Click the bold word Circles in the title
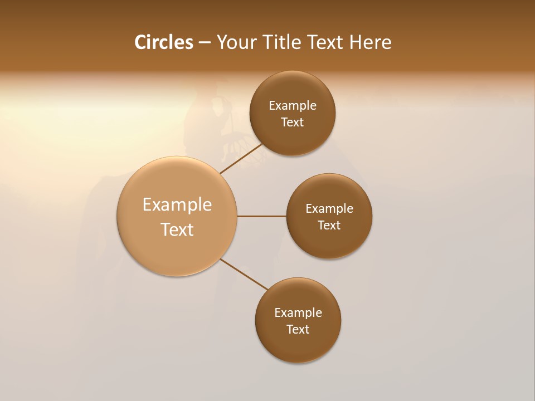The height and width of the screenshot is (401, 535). (163, 42)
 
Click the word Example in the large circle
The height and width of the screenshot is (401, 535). (177, 205)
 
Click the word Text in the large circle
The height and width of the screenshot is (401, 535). (177, 229)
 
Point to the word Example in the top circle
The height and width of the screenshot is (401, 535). (293, 105)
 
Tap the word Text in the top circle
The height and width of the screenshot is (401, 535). (293, 122)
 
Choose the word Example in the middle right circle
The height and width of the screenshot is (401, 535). (329, 208)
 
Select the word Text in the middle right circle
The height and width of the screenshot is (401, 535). (329, 225)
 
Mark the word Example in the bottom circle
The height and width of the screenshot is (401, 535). (298, 312)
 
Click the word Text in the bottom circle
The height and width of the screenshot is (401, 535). (298, 329)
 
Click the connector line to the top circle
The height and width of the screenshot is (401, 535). (242, 159)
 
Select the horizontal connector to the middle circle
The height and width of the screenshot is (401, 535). (261, 216)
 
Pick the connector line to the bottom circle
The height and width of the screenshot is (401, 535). (244, 274)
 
